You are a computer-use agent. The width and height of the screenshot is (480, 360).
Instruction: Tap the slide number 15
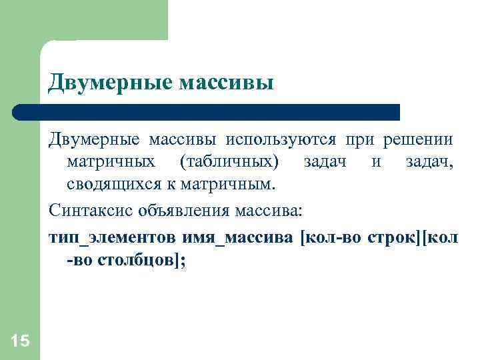pos(20,341)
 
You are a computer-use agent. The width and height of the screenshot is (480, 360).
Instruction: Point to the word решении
pos(418,140)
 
